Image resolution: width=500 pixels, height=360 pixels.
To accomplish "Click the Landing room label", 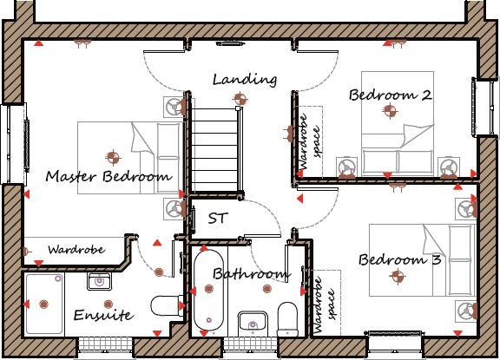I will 245,80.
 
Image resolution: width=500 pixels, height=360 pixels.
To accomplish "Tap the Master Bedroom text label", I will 108,176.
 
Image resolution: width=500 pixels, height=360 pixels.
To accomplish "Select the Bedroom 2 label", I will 391,95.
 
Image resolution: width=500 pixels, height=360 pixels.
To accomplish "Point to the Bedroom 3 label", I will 400,259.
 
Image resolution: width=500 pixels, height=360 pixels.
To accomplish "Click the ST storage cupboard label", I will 217,219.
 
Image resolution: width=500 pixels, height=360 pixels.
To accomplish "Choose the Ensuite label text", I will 102,315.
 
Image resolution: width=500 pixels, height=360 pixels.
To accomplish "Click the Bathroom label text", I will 250,274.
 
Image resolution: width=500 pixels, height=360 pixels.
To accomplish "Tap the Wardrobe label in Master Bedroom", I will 76,249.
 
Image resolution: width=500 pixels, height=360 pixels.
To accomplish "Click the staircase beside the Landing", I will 214,147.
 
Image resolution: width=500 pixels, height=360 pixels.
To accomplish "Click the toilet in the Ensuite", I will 164,306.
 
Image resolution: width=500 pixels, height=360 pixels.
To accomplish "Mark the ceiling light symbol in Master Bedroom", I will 112,157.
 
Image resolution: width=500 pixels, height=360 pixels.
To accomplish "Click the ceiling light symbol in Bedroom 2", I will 390,110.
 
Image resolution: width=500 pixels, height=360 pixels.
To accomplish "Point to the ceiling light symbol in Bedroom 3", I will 398,277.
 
